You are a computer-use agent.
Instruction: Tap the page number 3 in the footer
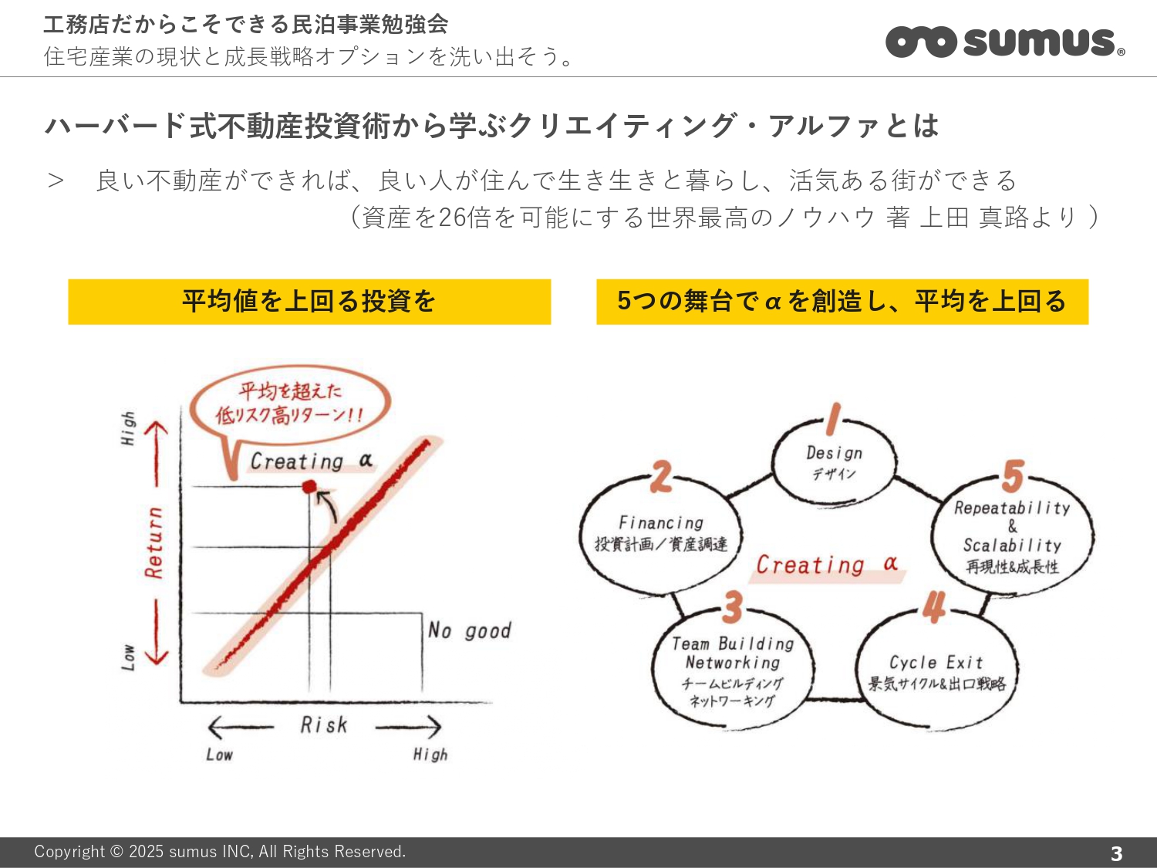1116,853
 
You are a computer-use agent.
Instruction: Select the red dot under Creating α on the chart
309,486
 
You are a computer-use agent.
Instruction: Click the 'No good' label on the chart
469,630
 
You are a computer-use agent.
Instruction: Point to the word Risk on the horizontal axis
324,725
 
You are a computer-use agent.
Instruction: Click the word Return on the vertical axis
154,543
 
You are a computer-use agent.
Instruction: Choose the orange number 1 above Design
833,420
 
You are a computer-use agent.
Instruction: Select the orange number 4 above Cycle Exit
934,606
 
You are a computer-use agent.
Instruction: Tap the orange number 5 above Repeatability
1013,475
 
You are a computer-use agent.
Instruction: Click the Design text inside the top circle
835,453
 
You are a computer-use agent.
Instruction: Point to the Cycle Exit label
936,663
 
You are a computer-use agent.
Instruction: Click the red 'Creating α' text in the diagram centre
827,565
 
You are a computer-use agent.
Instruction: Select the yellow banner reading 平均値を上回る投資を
309,302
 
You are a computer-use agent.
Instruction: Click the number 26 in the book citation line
452,217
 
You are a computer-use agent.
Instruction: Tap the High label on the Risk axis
430,755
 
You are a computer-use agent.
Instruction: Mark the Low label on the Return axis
128,657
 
